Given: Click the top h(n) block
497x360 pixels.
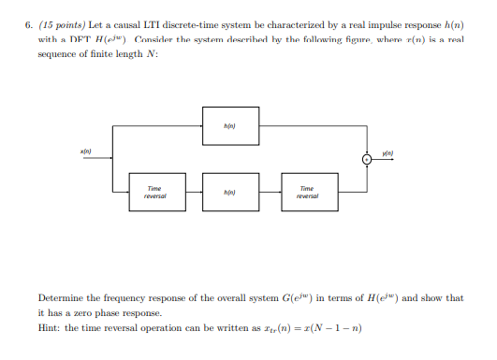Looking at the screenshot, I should coord(229,125).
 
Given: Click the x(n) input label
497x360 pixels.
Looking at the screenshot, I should coord(85,150).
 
